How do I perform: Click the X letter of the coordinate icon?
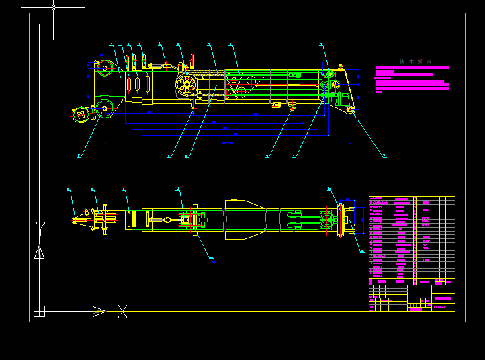pos(122,311)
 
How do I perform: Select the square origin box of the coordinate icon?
pos(39,311)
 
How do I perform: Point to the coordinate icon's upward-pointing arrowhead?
pos(39,253)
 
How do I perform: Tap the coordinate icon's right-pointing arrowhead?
pos(99,311)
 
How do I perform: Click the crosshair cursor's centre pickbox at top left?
pos(54,7)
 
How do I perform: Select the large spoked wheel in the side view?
pos(187,85)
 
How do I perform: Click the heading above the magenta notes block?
pos(415,61)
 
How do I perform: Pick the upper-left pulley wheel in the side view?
pos(104,67)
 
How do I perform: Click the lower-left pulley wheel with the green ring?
pos(104,109)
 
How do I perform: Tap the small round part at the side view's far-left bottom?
pos(81,114)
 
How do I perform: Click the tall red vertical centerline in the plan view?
pos(234,218)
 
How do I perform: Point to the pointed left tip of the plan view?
pos(75,219)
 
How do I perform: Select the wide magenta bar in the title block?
pos(443,298)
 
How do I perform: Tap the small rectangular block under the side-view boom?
pos(275,105)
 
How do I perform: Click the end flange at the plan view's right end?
pos(350,220)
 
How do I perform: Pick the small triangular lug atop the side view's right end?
pos(341,66)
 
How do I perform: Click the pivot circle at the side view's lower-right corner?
pos(350,109)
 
